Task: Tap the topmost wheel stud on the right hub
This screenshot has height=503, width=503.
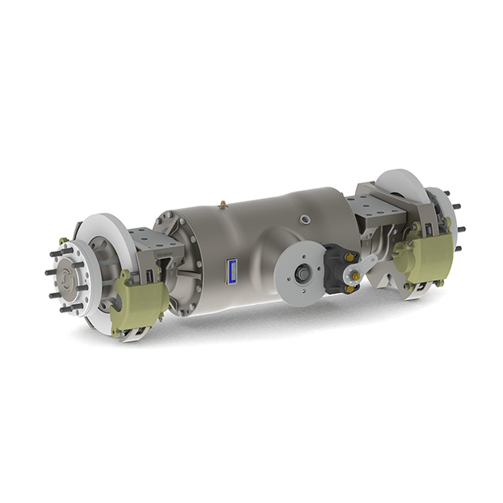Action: (x=448, y=195)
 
